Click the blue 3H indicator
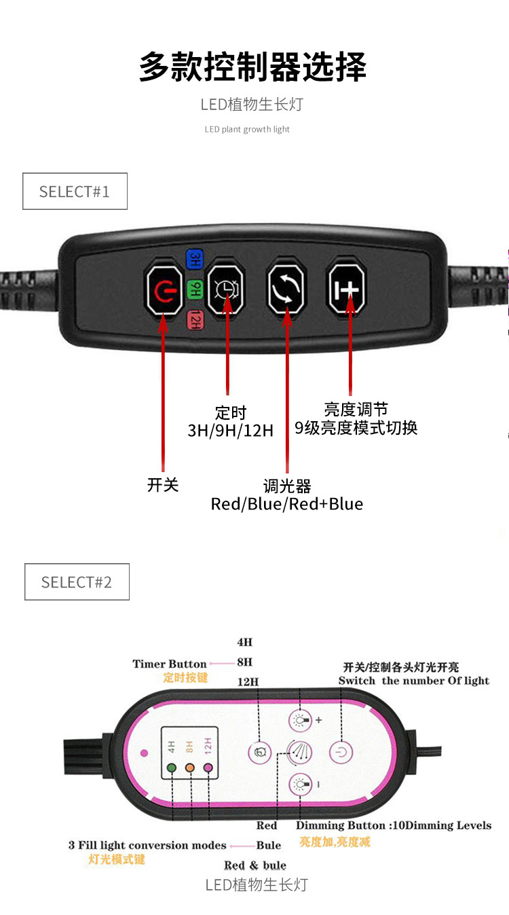coord(195,259)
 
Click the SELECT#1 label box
coord(75,192)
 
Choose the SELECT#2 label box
coord(77,582)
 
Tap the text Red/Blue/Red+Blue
coord(286,504)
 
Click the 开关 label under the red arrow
coord(163,484)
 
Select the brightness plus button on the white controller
coord(300,720)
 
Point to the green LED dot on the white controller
coord(172,768)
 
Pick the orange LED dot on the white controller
coord(190,768)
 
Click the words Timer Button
coord(170,664)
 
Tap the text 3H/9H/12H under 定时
coord(231,430)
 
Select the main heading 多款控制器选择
coord(253,67)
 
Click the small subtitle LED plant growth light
coord(247,129)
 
